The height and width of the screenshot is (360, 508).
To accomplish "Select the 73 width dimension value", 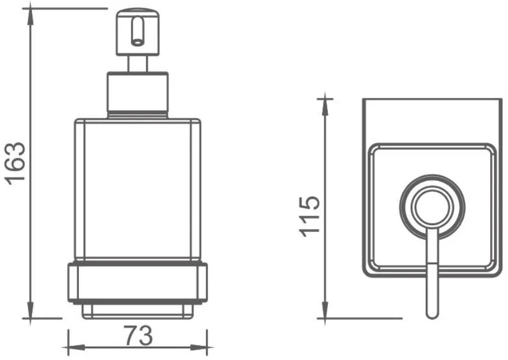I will [138, 336].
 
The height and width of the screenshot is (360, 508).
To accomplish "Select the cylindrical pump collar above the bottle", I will [137, 94].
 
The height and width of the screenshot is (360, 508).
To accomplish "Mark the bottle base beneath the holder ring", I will [137, 310].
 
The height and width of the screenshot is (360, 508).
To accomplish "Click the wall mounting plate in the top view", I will [431, 120].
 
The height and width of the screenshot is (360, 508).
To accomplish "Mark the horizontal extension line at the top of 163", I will [67, 8].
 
